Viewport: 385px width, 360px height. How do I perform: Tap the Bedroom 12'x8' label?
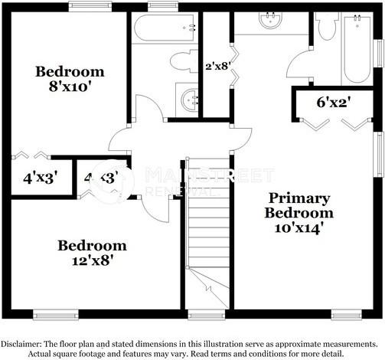tap(92, 252)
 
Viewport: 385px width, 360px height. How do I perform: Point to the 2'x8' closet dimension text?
tap(219, 66)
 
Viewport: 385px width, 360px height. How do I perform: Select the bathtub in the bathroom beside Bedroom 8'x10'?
tap(163, 29)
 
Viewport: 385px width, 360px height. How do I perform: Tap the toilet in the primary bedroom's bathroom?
tap(326, 28)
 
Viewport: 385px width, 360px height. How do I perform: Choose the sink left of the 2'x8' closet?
tap(189, 98)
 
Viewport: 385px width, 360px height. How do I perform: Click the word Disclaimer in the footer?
tap(24, 344)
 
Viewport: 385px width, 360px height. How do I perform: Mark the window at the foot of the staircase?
tap(201, 313)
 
